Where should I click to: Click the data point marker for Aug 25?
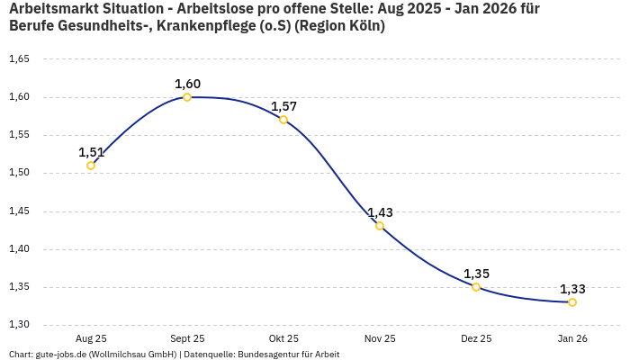[91, 166]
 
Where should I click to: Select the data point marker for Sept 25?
[187, 97]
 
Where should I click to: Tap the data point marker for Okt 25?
[283, 120]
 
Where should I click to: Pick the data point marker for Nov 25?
[380, 226]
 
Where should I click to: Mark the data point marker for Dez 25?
[476, 287]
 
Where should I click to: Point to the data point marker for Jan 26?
[572, 302]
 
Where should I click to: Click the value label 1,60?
[187, 84]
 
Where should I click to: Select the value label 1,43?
[380, 212]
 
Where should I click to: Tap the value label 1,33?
[572, 289]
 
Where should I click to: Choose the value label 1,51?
[91, 152]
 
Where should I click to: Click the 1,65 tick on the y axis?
[19, 59]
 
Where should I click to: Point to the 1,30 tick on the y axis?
[19, 325]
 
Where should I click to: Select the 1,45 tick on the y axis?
[19, 211]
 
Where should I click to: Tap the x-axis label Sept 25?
[187, 338]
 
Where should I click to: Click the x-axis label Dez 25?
[476, 338]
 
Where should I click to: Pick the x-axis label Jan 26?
[572, 338]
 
